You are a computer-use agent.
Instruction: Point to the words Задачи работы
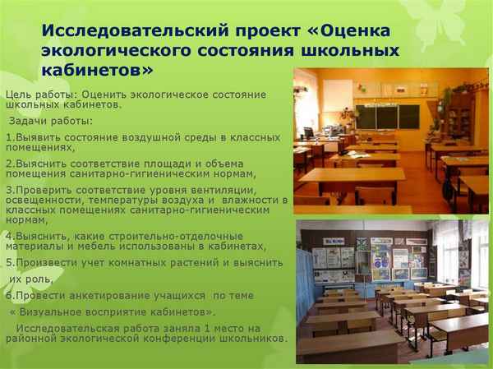pos(48,122)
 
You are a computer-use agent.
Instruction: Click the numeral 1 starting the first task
pos(8,136)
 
